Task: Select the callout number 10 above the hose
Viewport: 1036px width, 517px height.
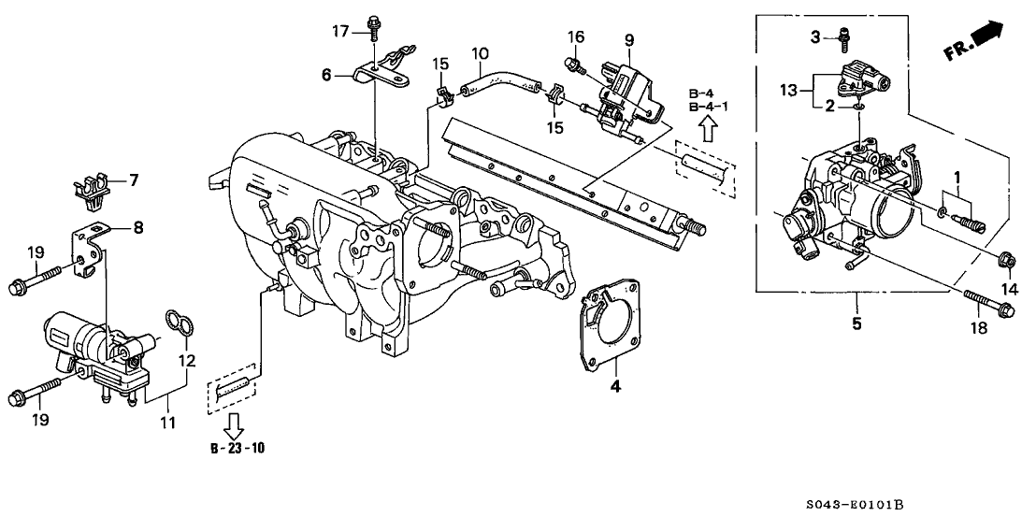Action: click(x=480, y=53)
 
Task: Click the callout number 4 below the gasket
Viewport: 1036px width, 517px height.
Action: click(x=614, y=385)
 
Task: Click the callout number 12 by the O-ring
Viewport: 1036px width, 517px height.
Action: click(x=186, y=360)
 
